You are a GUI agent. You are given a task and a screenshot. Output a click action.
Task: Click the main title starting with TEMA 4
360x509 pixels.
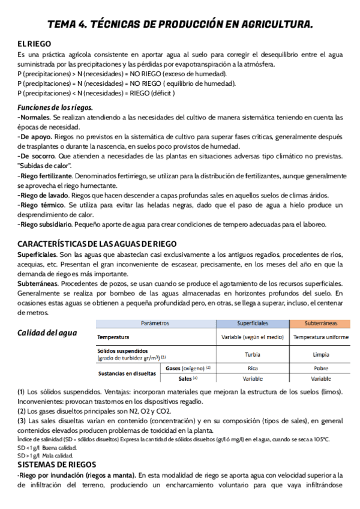click(180, 24)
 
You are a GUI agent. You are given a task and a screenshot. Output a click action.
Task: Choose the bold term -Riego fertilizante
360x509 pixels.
click(46, 176)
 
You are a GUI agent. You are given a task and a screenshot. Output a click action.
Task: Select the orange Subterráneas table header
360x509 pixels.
click(320, 323)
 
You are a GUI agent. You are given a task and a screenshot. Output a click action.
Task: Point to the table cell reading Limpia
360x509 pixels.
click(320, 354)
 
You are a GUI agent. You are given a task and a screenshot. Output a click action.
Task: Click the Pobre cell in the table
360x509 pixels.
click(320, 367)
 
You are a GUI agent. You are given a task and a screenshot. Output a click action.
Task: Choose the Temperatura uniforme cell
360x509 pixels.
click(320, 337)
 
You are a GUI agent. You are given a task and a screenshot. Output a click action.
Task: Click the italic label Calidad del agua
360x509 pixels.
click(47, 333)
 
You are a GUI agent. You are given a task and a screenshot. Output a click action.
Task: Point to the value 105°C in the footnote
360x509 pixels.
click(320, 439)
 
